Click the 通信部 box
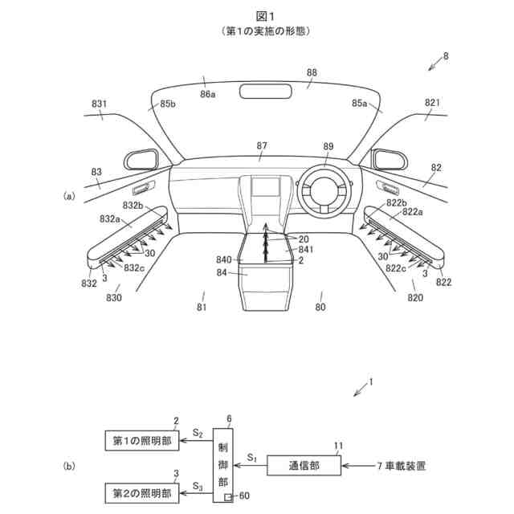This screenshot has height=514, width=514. tap(304, 465)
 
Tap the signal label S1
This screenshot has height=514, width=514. tap(252, 456)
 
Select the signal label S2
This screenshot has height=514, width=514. tap(197, 432)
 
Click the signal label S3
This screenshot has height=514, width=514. tap(197, 484)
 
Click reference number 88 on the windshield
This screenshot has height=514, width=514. tap(312, 74)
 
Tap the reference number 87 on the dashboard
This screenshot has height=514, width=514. tap(262, 145)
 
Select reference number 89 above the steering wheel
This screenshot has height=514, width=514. tap(328, 146)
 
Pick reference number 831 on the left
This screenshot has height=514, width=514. tap(99, 104)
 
